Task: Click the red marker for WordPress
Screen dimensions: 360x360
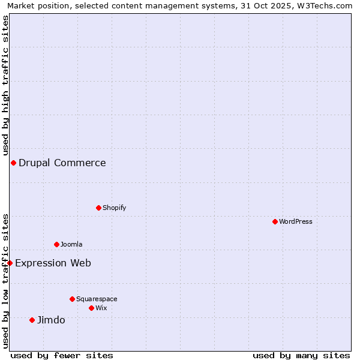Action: tap(275, 221)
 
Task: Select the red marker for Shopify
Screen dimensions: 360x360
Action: tap(98, 208)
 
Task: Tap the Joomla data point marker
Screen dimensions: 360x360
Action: tap(56, 244)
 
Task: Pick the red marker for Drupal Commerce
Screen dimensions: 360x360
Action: tap(13, 163)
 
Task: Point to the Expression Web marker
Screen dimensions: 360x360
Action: tap(10, 263)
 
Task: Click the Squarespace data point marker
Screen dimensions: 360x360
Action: tap(72, 299)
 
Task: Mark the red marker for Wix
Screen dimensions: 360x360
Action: tap(91, 308)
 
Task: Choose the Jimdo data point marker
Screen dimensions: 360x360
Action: tap(32, 320)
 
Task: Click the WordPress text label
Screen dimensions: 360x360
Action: tap(296, 221)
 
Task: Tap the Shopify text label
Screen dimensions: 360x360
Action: tap(115, 208)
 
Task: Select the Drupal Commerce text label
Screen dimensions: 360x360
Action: tap(62, 163)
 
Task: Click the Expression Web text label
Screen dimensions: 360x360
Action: tap(53, 263)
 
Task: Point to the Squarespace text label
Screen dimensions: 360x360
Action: tap(97, 299)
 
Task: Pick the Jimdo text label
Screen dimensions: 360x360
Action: tap(51, 320)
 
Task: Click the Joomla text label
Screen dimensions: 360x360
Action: tap(71, 244)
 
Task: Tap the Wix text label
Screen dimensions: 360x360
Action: tap(101, 308)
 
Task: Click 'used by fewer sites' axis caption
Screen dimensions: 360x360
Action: tap(62, 355)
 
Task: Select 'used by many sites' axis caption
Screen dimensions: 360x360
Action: tap(301, 355)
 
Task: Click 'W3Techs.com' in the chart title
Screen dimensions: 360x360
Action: tap(327, 6)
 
